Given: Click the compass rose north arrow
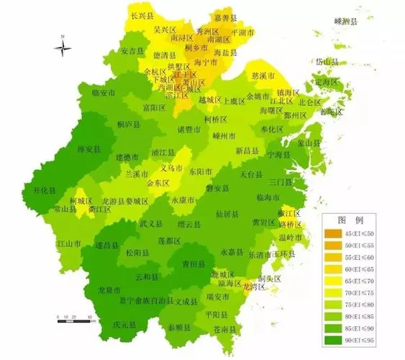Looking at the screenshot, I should click(x=63, y=48).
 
